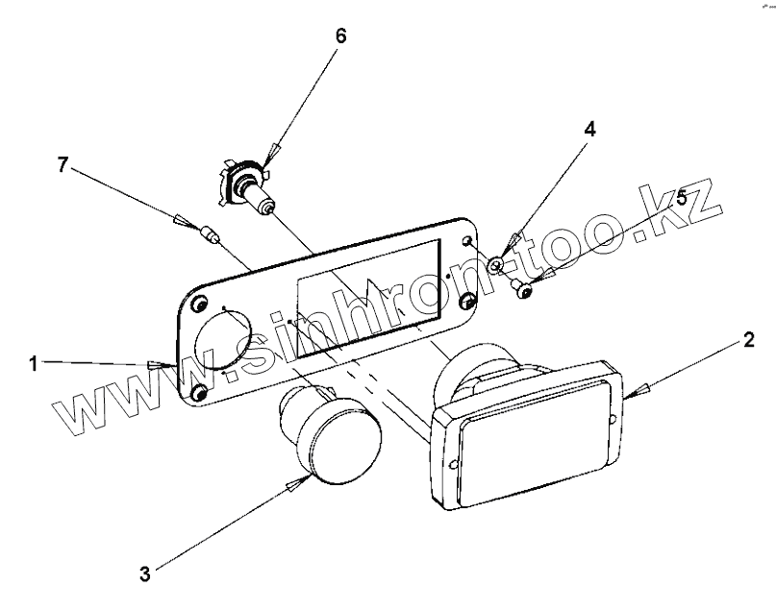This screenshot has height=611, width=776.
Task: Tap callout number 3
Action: [145, 574]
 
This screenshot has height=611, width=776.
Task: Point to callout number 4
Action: [589, 130]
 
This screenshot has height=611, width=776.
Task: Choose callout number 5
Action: [682, 198]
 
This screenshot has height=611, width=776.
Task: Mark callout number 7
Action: [63, 165]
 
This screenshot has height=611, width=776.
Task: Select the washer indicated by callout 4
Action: [496, 264]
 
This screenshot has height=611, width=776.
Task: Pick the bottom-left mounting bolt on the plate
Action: [201, 394]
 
